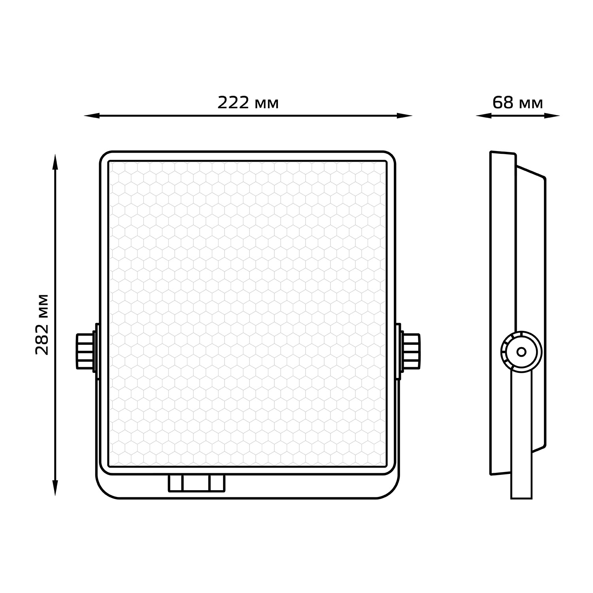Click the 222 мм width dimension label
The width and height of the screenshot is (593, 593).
(x=248, y=103)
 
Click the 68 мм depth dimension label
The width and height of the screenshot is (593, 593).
(x=517, y=103)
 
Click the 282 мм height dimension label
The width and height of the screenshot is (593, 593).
(x=42, y=324)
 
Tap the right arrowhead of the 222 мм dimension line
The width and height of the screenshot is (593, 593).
(x=405, y=116)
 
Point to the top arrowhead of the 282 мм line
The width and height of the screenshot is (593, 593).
(x=55, y=162)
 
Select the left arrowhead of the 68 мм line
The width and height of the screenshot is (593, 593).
(x=483, y=116)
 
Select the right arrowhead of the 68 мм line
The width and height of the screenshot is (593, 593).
(x=552, y=116)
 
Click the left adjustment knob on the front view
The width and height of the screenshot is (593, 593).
(x=85, y=351)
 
